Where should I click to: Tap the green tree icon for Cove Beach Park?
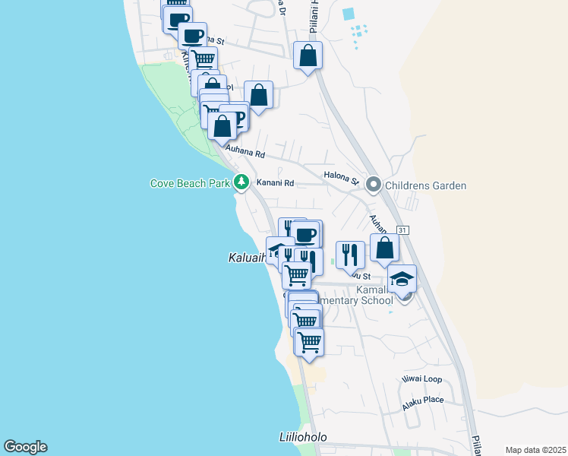point(241,182)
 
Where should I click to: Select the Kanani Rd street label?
point(274,182)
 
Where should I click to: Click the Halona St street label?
point(340,178)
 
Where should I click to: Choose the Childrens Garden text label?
point(425,185)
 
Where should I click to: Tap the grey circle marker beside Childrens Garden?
point(373,185)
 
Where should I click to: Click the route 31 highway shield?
point(402,230)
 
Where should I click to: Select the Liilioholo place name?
point(302,437)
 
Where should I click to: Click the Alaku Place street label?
point(423,400)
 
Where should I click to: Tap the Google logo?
point(25,447)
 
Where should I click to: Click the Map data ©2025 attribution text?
point(535,450)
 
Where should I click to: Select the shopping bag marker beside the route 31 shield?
point(385,248)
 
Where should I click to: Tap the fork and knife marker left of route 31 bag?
point(349,255)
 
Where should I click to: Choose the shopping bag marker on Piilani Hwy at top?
point(308,55)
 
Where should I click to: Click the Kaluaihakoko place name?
point(247,258)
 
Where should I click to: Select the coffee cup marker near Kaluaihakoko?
point(306,234)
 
